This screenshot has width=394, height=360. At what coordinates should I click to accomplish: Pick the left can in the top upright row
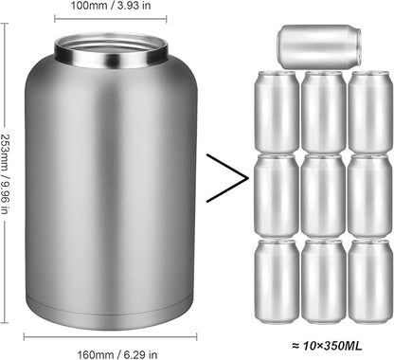point(277,112)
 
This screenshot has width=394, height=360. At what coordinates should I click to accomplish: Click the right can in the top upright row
point(368,112)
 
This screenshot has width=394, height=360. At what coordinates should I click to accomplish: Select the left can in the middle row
point(277,195)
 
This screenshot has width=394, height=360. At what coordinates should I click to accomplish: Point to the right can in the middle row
point(368,195)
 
